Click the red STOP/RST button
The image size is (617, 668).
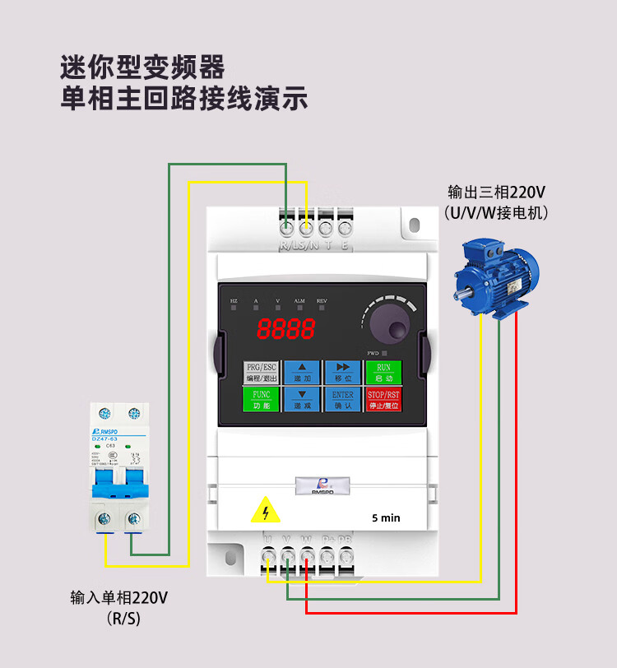383,400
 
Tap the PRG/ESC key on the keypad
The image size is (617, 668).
262,373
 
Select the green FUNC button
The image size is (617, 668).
262,400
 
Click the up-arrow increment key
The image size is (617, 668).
302,373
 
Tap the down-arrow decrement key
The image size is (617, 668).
302,400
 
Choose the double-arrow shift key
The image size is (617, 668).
343,373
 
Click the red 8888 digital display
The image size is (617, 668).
285,329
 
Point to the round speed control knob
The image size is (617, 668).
389,325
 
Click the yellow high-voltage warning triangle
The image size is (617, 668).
265,511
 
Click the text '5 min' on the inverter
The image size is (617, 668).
386,517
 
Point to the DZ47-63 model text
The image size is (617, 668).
104,441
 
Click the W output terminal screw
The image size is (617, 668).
307,558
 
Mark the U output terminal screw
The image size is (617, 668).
268,558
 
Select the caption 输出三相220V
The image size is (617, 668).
496,193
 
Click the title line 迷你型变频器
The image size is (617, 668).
143,66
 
